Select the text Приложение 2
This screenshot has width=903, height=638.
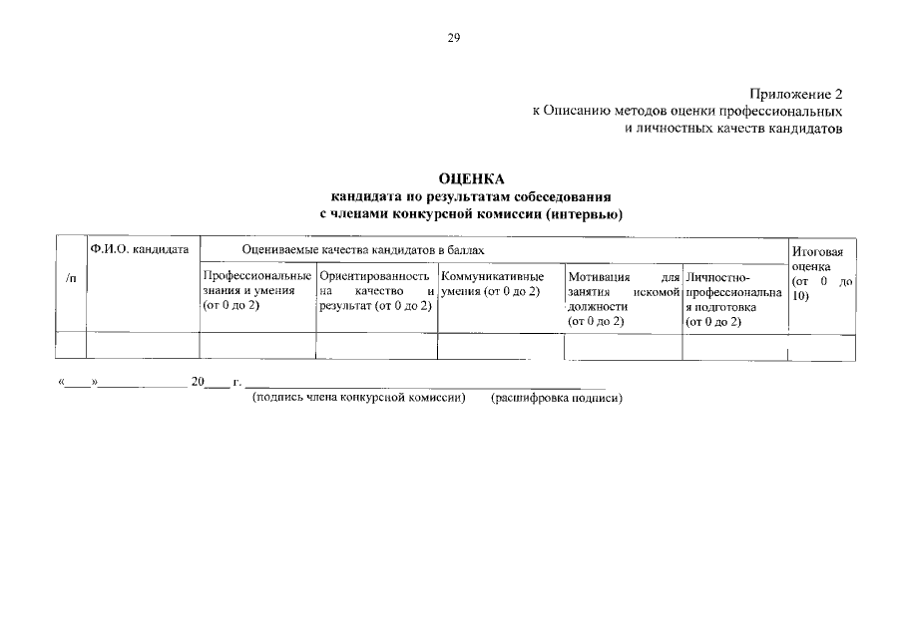pyautogui.click(x=800, y=93)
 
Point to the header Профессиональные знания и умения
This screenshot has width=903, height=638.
pyautogui.click(x=256, y=291)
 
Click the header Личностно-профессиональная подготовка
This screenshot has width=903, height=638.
pyautogui.click(x=734, y=299)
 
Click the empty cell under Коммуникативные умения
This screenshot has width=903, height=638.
pyautogui.click(x=501, y=346)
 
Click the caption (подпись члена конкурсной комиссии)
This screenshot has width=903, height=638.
pyautogui.click(x=359, y=398)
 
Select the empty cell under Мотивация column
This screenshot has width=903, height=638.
pyautogui.click(x=623, y=346)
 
